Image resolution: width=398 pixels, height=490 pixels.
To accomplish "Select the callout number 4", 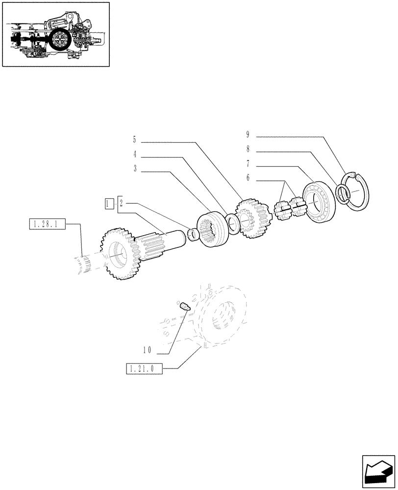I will (134, 154).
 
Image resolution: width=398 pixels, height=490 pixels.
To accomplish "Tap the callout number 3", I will (134, 169).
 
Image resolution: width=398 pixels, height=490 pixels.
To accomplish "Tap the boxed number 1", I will (109, 202).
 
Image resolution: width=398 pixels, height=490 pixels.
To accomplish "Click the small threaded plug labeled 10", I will (185, 308).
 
